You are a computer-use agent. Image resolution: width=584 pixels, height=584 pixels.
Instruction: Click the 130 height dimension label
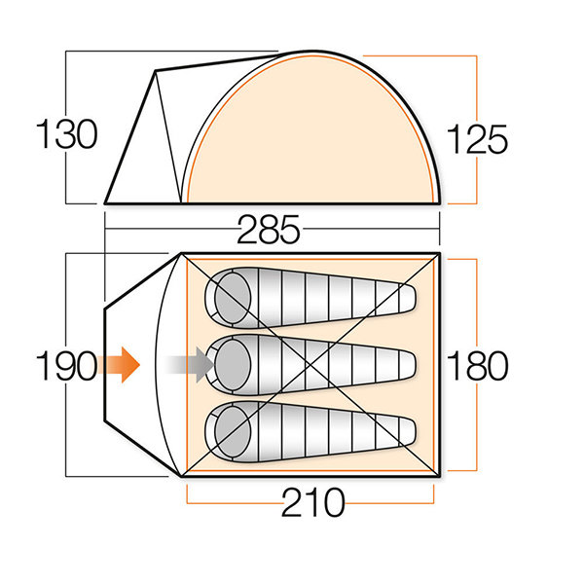coord(66,134)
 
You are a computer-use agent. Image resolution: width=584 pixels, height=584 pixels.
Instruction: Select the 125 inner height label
coord(477,139)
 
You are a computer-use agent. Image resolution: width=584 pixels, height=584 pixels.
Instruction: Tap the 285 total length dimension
coord(269,230)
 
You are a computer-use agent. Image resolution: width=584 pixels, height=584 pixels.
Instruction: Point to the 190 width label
coord(66,365)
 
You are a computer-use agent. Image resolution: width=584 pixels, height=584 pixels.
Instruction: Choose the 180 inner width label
coord(477,365)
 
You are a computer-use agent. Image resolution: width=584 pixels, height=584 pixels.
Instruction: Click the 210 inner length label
coord(312,502)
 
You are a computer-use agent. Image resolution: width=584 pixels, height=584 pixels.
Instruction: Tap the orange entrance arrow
coord(119,365)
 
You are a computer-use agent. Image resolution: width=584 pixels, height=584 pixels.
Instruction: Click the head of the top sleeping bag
coord(234,298)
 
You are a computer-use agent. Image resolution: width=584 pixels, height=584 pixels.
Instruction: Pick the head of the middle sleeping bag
coord(234,365)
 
